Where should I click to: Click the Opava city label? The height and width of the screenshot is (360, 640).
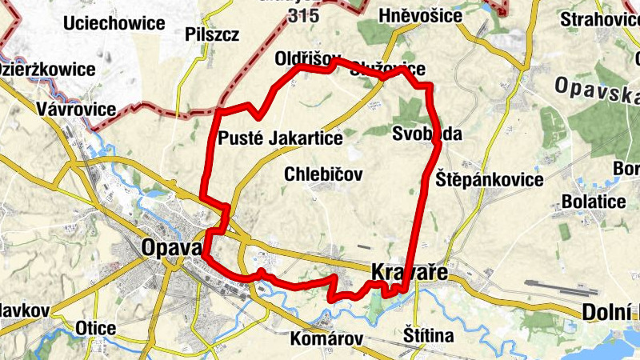(x=170, y=248)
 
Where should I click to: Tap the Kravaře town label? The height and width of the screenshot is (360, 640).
(x=408, y=272)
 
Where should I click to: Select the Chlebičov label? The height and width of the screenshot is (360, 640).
(x=324, y=174)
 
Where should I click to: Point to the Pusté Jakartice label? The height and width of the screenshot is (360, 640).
(x=280, y=138)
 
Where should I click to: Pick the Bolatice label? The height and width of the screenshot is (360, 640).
(x=594, y=201)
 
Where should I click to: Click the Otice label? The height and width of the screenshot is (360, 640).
(x=95, y=328)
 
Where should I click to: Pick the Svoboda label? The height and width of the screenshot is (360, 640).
(x=427, y=134)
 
